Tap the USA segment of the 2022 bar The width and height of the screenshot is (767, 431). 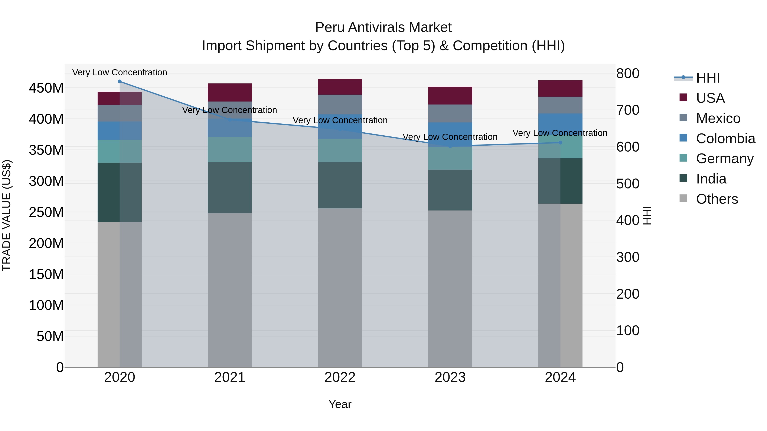340,87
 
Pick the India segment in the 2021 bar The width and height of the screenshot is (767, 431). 229,187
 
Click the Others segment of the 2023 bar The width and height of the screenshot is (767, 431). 450,289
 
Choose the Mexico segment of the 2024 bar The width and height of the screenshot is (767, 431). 560,105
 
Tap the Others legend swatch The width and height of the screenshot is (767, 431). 683,198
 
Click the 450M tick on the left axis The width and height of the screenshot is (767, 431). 46,88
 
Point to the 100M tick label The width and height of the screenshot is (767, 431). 46,305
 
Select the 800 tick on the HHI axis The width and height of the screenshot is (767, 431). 628,73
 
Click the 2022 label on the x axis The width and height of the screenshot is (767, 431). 340,377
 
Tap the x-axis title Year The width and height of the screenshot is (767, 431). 340,404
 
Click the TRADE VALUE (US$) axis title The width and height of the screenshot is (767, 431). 7,215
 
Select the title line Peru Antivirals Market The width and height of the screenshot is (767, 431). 383,27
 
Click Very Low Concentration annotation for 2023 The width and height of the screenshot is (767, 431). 450,137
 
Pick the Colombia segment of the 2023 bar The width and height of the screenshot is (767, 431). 450,135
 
